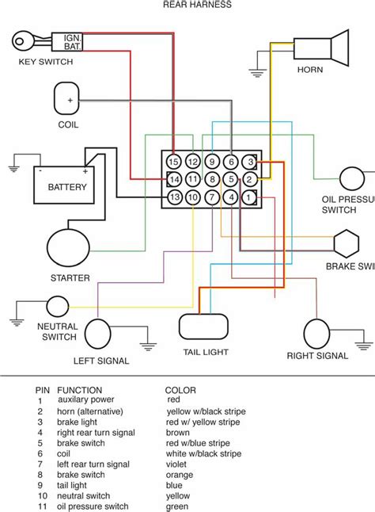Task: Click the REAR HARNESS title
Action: point(197,5)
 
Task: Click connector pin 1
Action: point(249,197)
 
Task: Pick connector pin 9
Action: point(212,162)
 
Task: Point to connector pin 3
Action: point(249,162)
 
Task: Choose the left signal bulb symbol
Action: point(99,334)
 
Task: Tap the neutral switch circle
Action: point(57,307)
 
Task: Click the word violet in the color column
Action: point(176,464)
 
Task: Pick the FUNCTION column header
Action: point(79,391)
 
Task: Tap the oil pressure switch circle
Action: point(352,180)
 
